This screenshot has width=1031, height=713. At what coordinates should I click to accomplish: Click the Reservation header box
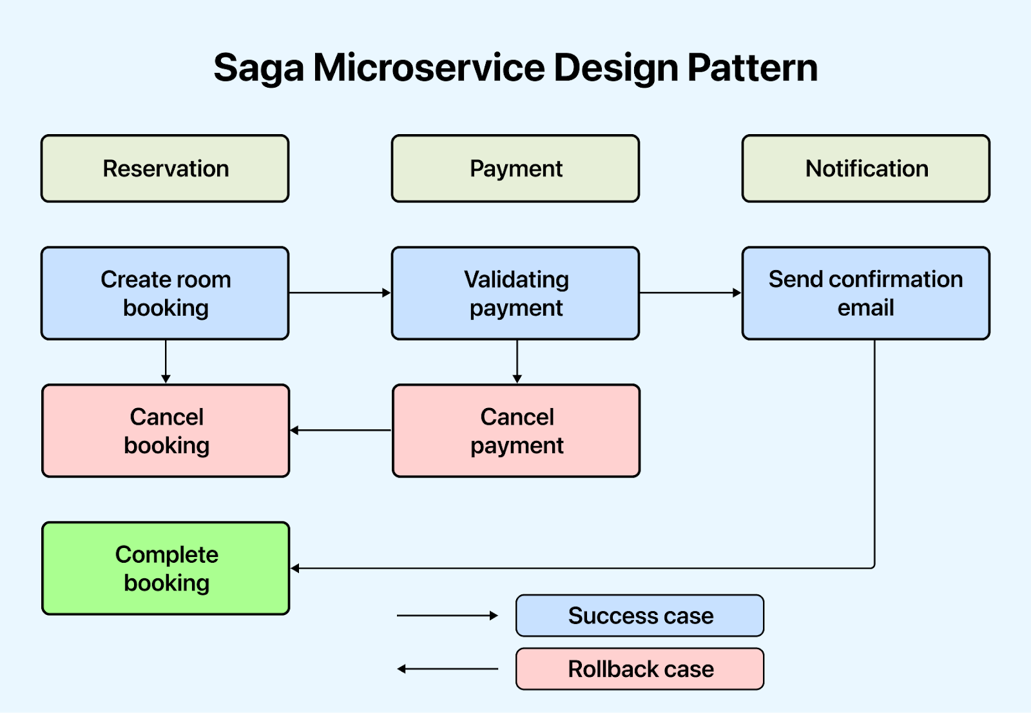pos(165,169)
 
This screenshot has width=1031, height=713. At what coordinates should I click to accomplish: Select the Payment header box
pos(515,169)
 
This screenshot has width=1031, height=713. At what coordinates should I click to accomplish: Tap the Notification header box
pos(866,169)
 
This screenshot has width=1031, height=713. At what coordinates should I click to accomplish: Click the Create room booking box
pos(165,293)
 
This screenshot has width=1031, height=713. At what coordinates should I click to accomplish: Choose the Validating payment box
pos(515,293)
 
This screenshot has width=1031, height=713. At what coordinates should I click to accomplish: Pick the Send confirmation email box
pos(866,293)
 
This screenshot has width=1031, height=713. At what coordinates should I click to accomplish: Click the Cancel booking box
pos(166,431)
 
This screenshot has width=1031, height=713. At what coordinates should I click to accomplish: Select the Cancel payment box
pos(516,431)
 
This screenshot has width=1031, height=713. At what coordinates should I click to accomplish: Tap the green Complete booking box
pos(166,568)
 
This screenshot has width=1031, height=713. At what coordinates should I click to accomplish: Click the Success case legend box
pos(640,616)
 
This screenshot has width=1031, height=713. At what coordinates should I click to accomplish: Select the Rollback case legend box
pos(640,669)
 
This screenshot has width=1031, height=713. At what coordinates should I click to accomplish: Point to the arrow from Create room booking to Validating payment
pos(340,293)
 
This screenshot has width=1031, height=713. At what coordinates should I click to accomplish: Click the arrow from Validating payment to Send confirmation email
pos(691,293)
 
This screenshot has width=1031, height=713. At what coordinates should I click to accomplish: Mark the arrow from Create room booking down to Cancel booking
pos(166,362)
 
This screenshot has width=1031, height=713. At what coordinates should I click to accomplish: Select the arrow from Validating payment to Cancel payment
pos(517,362)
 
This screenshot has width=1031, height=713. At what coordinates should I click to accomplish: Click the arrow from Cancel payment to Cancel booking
pos(341,430)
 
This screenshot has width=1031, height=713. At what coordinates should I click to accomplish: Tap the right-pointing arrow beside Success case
pos(447,616)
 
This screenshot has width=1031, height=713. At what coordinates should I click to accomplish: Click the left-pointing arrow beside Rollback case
pos(447,669)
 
